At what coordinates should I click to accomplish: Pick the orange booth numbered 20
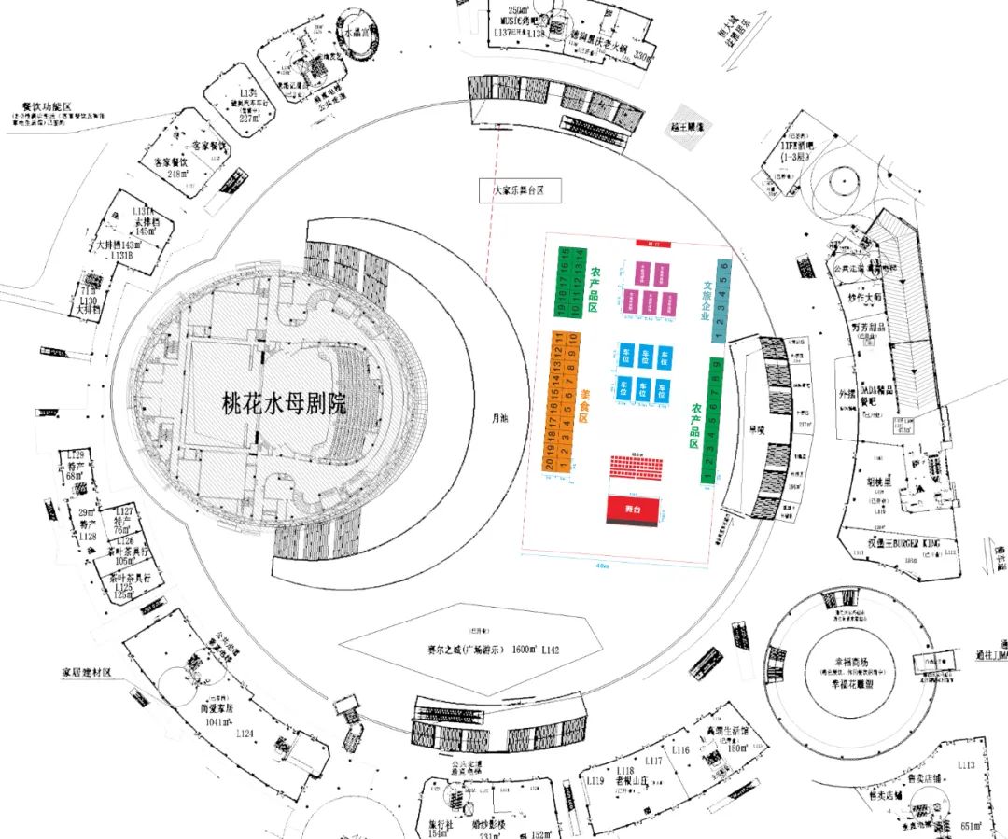click(550, 463)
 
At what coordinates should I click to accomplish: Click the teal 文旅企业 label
click(707, 301)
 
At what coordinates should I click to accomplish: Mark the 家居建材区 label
click(87, 672)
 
